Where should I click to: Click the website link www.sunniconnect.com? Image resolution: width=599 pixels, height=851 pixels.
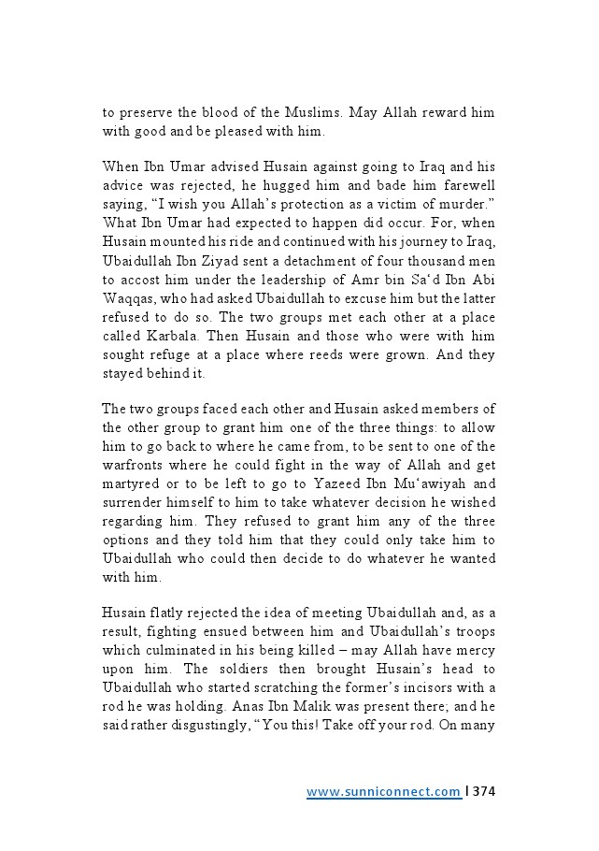click(x=383, y=792)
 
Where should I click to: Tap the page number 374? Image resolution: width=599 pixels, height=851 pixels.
click(x=484, y=792)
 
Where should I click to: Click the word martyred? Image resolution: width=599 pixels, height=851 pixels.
click(x=135, y=483)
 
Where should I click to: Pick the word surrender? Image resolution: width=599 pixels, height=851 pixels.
click(x=133, y=502)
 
